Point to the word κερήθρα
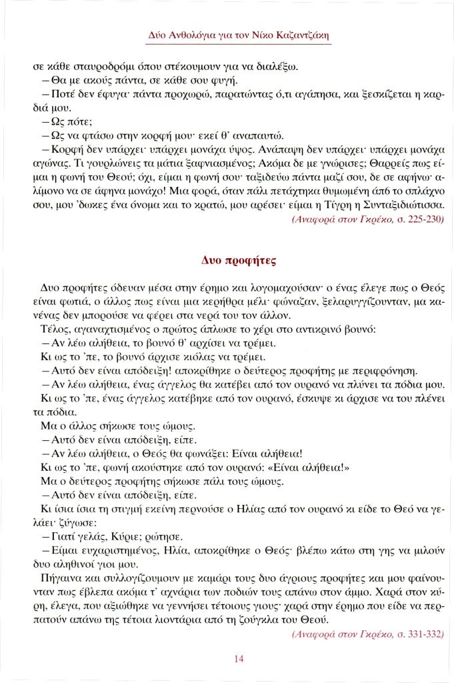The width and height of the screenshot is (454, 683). point(237,301)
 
